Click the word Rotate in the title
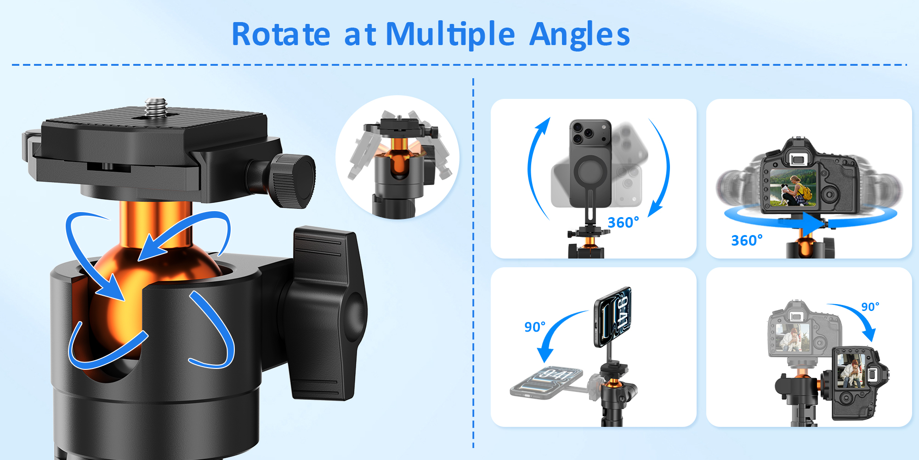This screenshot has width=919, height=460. click(281, 34)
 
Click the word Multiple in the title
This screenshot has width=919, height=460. click(450, 34)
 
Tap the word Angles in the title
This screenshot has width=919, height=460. click(579, 34)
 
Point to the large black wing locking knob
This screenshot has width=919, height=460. click(326, 313)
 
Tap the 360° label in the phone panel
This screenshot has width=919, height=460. click(623, 223)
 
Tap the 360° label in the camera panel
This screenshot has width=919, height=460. click(747, 240)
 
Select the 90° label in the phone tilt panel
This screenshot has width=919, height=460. click(535, 327)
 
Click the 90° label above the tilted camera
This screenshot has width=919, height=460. click(870, 307)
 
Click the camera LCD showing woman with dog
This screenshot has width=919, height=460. click(793, 187)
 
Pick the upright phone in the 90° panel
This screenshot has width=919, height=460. click(613, 316)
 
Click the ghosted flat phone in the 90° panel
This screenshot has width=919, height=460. click(547, 382)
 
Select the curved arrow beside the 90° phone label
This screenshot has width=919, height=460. click(556, 333)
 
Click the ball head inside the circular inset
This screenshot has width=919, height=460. click(399, 161)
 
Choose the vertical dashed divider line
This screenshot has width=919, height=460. click(473, 262)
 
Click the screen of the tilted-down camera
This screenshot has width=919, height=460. click(851, 371)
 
